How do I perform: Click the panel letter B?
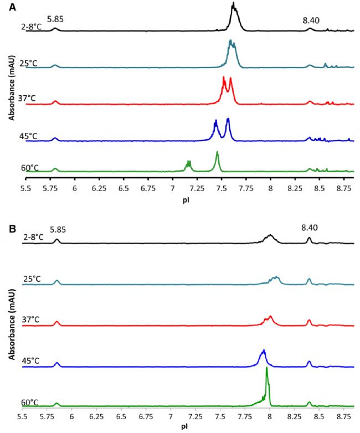[12, 228]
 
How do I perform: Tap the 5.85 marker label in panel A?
[55, 19]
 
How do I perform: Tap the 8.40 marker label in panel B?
[310, 228]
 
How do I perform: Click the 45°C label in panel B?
[31, 360]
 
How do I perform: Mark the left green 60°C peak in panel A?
[189, 164]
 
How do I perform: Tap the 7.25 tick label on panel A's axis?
[197, 188]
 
